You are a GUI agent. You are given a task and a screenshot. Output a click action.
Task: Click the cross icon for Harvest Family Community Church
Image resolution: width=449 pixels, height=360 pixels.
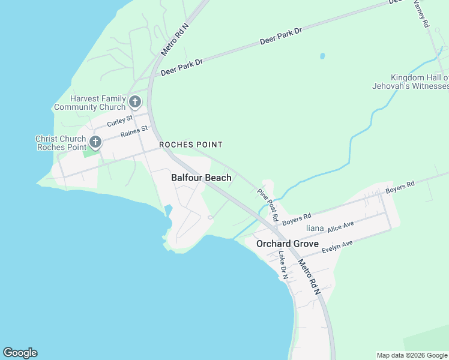135,101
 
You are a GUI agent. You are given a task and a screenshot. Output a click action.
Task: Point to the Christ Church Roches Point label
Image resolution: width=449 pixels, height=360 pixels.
61,143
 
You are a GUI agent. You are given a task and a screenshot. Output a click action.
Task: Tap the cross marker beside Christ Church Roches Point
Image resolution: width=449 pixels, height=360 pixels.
95,142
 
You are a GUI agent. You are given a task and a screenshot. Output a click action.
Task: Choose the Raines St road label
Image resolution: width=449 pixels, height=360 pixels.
134,132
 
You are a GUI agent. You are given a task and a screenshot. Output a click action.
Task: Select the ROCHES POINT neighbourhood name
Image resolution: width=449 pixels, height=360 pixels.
190,145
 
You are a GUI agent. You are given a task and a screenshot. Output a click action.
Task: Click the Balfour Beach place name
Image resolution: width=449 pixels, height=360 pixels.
201,178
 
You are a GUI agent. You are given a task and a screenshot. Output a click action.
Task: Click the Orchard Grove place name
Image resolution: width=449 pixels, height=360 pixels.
287,244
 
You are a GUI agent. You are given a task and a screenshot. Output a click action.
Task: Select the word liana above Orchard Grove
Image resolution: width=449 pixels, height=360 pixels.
315,229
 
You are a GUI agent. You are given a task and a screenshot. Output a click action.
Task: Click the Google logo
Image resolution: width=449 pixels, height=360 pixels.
20,353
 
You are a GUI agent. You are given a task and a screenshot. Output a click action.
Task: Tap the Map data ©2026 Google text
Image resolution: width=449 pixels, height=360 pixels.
411,355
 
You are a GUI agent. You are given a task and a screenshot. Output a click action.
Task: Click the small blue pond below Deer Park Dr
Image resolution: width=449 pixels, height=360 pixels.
322,56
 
